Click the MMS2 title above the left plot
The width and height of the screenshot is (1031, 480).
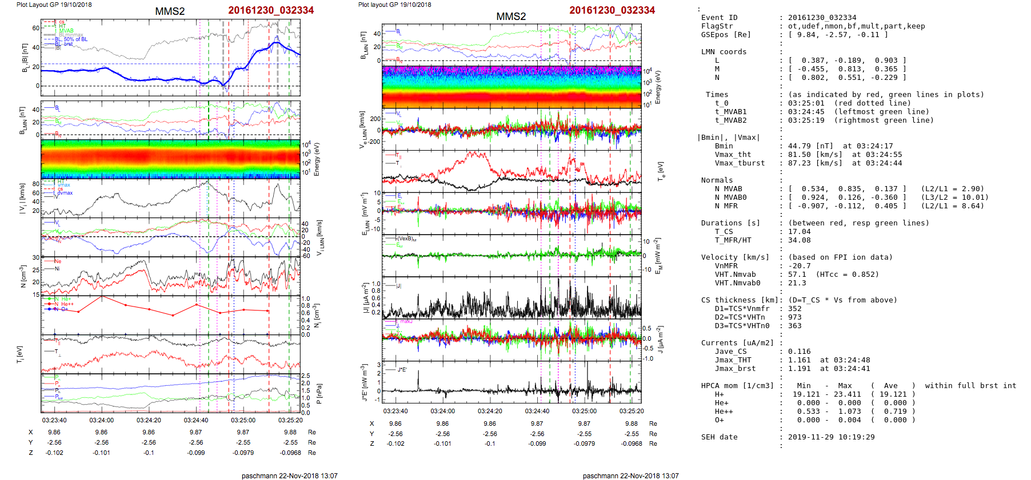coord(170,11)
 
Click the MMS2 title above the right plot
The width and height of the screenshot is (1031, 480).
coord(511,17)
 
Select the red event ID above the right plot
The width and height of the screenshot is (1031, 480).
coord(612,10)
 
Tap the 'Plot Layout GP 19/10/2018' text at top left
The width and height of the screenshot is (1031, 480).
coord(54,5)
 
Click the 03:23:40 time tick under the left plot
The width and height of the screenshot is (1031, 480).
coord(54,420)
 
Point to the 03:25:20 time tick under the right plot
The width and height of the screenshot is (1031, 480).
coord(632,411)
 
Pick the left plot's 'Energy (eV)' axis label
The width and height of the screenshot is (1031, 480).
coord(317,159)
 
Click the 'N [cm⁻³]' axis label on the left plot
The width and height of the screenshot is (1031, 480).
coord(23,276)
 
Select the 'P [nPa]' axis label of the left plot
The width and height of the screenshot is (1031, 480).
coord(319,393)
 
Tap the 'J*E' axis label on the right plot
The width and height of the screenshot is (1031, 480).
coord(363,382)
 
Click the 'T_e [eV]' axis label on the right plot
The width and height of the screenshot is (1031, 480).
coord(661,170)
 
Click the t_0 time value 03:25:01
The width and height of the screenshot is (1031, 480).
coord(806,103)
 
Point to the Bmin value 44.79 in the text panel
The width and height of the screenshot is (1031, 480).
coord(801,146)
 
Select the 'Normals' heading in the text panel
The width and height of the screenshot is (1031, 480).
coord(717,180)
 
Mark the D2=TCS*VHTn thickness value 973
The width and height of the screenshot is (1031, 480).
coord(794,317)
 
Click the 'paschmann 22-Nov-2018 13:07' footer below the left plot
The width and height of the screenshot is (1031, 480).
coord(289,476)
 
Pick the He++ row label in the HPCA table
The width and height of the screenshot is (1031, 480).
coord(724,412)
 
